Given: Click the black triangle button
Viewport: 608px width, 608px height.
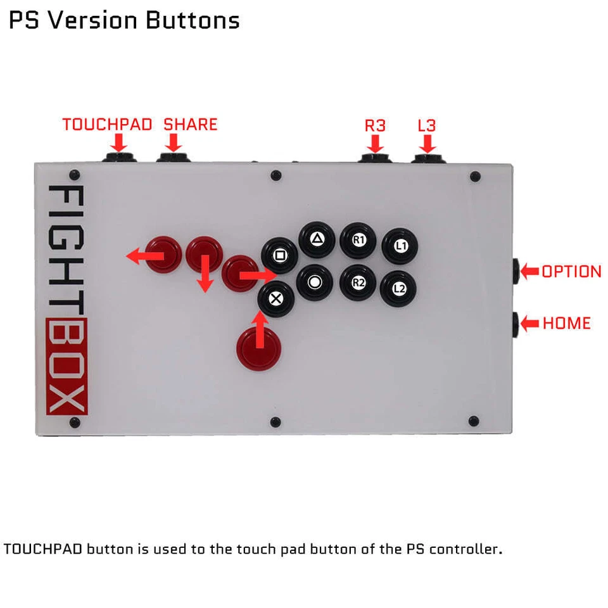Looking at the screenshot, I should [317, 239].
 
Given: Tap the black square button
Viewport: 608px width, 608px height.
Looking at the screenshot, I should [279, 255].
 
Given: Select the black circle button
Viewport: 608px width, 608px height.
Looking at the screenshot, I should [315, 282].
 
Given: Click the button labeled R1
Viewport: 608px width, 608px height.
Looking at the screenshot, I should [358, 240].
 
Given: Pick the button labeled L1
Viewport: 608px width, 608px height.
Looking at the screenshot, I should [400, 246].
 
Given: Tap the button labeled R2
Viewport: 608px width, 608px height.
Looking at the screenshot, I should [358, 282].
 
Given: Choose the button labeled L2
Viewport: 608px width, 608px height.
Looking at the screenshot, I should [399, 289].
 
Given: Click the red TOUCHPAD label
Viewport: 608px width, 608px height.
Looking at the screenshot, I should [107, 124].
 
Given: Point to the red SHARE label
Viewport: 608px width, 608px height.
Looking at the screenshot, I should [190, 124].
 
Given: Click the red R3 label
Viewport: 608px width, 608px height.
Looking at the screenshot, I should [375, 125].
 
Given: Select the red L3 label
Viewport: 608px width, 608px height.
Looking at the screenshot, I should [426, 125].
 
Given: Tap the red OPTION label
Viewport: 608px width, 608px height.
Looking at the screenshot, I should [571, 272].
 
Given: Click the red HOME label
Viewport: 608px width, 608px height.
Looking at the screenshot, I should [566, 323].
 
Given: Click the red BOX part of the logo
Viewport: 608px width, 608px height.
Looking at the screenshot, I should [67, 368].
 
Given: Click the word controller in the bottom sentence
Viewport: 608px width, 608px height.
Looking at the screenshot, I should [465, 548].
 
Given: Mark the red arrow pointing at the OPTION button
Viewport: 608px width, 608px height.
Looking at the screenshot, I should [529, 272].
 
